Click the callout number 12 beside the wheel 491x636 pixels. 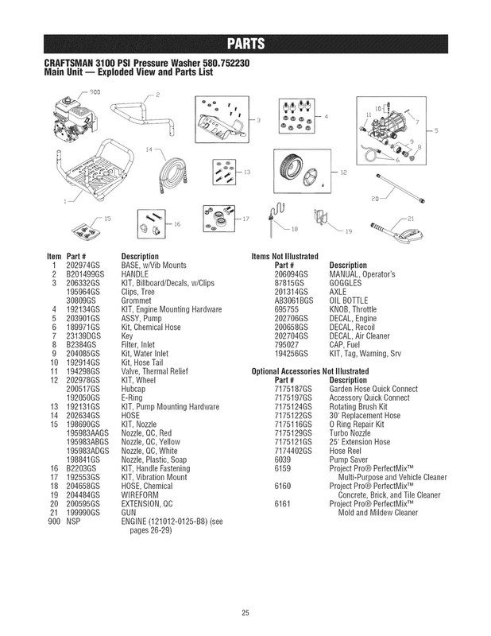point(343,172)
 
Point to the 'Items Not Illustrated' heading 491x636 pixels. point(284,257)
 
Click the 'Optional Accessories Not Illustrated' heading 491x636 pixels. point(309,371)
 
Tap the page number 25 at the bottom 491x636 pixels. point(246,611)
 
